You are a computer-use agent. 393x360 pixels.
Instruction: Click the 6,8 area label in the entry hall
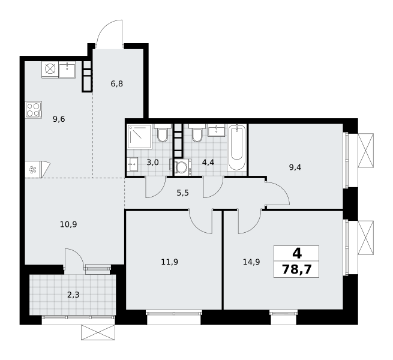point(117,83)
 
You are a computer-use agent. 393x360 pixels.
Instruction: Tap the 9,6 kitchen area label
point(59,119)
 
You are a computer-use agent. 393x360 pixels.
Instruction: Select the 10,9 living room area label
point(68,224)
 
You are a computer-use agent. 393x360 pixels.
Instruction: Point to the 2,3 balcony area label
point(73,295)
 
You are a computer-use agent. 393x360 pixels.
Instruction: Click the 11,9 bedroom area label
point(170,262)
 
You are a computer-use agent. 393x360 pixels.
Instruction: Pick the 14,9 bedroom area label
point(251,262)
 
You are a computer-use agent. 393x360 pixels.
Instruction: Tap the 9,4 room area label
point(295,167)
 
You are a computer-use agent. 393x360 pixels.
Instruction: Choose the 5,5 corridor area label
point(183,193)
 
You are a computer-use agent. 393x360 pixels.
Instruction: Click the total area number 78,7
point(297,270)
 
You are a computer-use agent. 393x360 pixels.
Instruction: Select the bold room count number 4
point(297,254)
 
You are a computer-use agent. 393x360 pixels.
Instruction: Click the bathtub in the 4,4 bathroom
point(236,148)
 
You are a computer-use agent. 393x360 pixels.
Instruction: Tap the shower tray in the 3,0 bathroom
point(139,136)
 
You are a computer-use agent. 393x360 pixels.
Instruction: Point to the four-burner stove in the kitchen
point(34,110)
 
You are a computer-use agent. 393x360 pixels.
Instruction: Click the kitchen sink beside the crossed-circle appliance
point(67,70)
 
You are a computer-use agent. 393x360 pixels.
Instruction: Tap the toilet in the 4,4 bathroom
point(197,133)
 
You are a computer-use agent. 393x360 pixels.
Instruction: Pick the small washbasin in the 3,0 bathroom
point(132,164)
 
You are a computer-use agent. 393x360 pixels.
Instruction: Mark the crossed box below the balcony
point(98,332)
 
